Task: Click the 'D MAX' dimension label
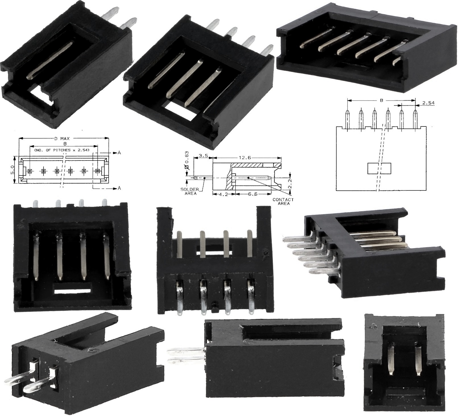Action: pyautogui.click(x=62, y=139)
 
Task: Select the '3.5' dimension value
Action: pyautogui.click(x=203, y=156)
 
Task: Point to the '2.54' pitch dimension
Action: pyautogui.click(x=428, y=103)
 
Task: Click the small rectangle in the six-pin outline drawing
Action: pyautogui.click(x=379, y=168)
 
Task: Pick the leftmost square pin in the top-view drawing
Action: pyautogui.click(x=30, y=171)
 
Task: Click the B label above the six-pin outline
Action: pyautogui.click(x=382, y=100)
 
